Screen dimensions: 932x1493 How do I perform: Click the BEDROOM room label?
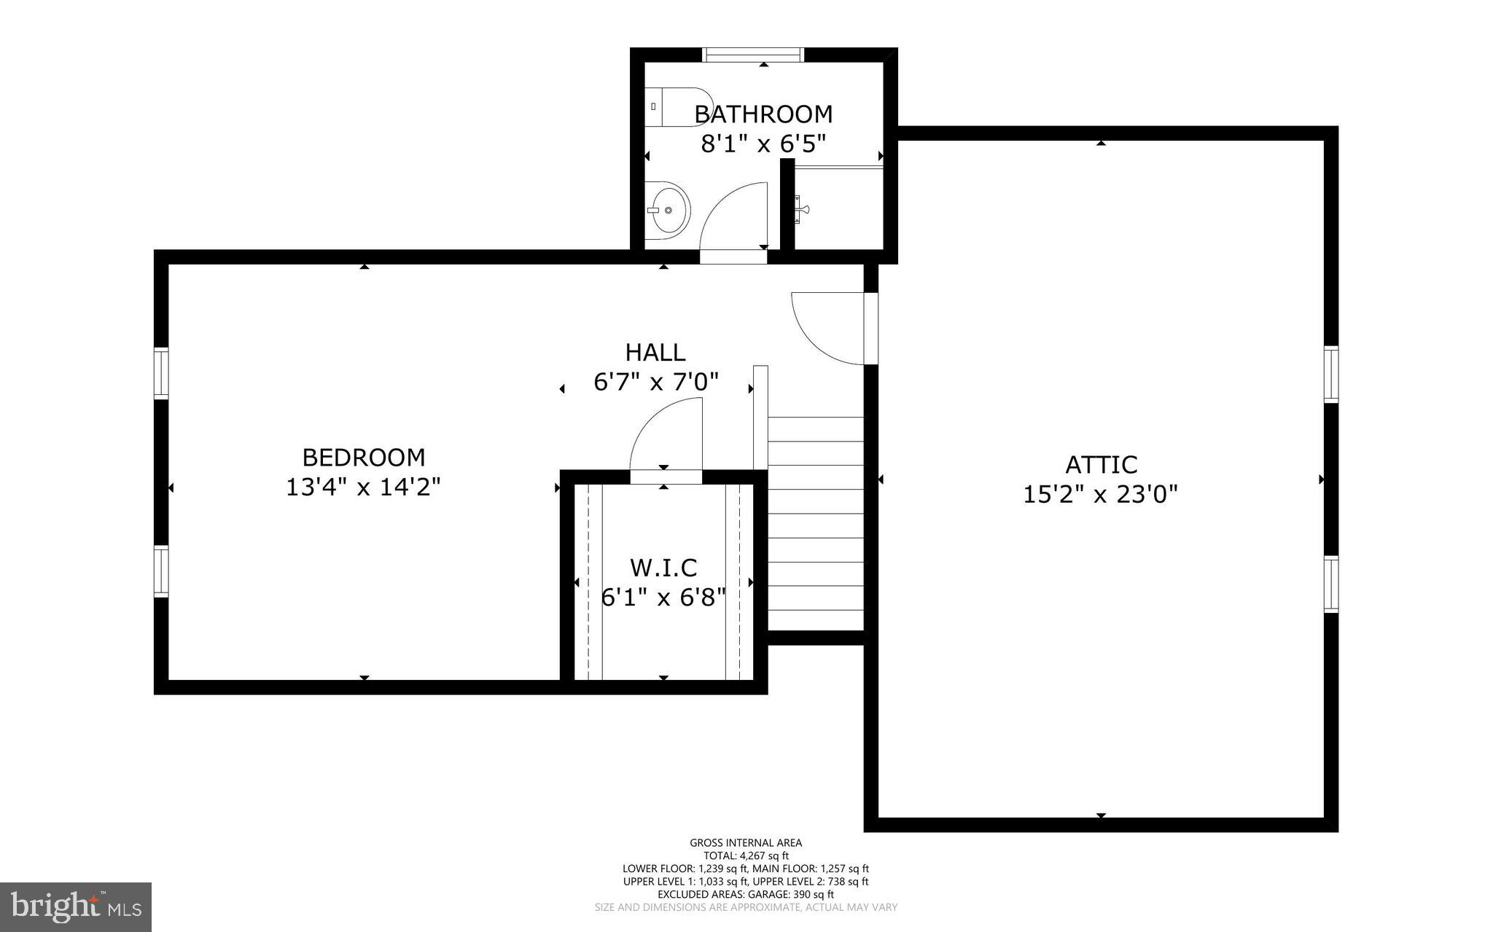(364, 458)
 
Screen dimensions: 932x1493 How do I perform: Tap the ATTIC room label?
(1101, 465)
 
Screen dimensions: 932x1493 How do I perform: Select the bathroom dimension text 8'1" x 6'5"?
(763, 144)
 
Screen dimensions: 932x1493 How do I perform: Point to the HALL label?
(655, 353)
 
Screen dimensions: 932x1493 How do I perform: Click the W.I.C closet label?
(663, 568)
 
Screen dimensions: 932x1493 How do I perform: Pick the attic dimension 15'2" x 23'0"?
(1101, 495)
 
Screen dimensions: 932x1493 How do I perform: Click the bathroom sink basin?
(667, 210)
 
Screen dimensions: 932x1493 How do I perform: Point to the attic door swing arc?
(827, 328)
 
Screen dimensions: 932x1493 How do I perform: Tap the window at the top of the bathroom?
(753, 55)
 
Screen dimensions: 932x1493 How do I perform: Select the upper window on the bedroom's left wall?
(161, 374)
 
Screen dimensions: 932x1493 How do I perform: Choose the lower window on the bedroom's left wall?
(161, 572)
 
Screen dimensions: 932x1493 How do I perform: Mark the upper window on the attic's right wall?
(1331, 375)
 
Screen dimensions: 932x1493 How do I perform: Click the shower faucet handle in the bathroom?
(801, 210)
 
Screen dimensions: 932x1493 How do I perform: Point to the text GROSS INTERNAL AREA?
(746, 843)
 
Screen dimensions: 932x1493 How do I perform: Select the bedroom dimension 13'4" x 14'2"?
(364, 487)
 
